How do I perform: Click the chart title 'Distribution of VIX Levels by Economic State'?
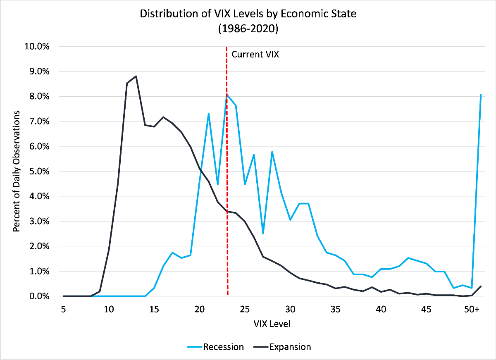click(248, 14)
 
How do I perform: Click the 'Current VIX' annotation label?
click(255, 54)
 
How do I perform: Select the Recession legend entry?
click(223, 346)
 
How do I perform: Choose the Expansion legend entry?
click(289, 346)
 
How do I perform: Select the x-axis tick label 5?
click(64, 309)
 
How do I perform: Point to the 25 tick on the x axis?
click(245, 309)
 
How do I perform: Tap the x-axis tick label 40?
click(381, 309)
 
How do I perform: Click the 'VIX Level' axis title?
click(272, 324)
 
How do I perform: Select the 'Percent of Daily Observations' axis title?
click(17, 171)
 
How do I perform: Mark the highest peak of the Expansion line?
click(136, 76)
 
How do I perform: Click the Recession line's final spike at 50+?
click(480, 95)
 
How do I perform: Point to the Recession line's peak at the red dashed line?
click(227, 94)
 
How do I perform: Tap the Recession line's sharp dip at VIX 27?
click(263, 234)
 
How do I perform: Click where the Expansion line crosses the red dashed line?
click(227, 211)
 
